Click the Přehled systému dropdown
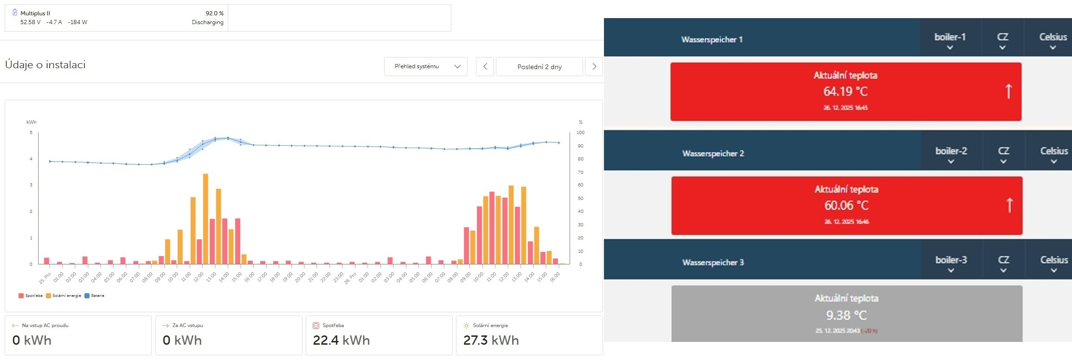(x=425, y=66)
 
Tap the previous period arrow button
(x=485, y=66)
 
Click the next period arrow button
(x=594, y=66)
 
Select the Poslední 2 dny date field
(x=539, y=66)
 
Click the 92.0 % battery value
(x=214, y=13)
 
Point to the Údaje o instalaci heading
(x=45, y=65)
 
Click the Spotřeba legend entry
(x=31, y=296)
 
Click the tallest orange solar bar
(x=205, y=218)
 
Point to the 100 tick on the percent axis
(x=580, y=133)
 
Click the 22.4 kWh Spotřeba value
(x=341, y=341)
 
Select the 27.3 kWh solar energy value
(x=491, y=341)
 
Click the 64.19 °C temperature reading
(x=845, y=91)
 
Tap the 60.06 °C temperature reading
(x=846, y=205)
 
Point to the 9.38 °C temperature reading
(x=846, y=315)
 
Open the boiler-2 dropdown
(x=951, y=155)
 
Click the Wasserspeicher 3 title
(x=713, y=263)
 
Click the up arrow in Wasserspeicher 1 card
(x=1008, y=91)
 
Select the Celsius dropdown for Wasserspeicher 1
(x=1053, y=40)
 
